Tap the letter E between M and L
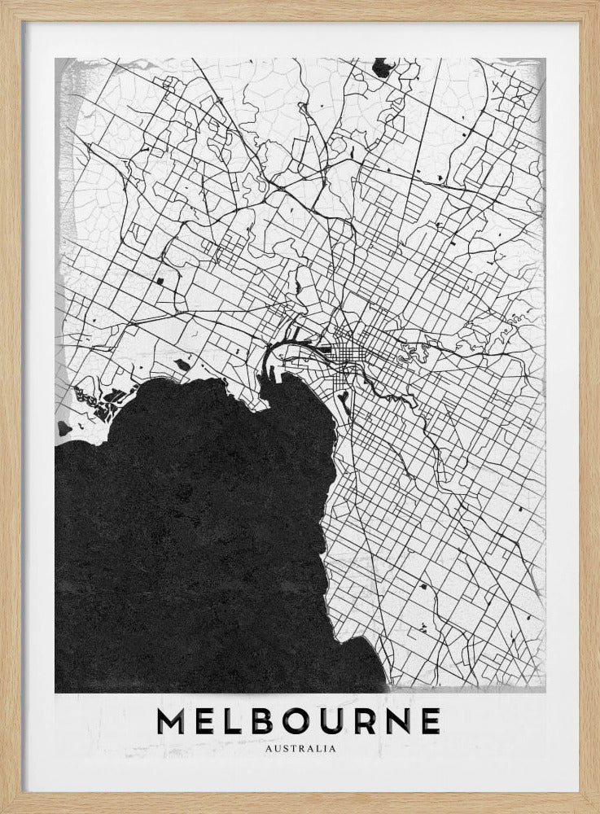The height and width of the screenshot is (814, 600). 211,720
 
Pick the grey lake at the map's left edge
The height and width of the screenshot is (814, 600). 63,427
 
